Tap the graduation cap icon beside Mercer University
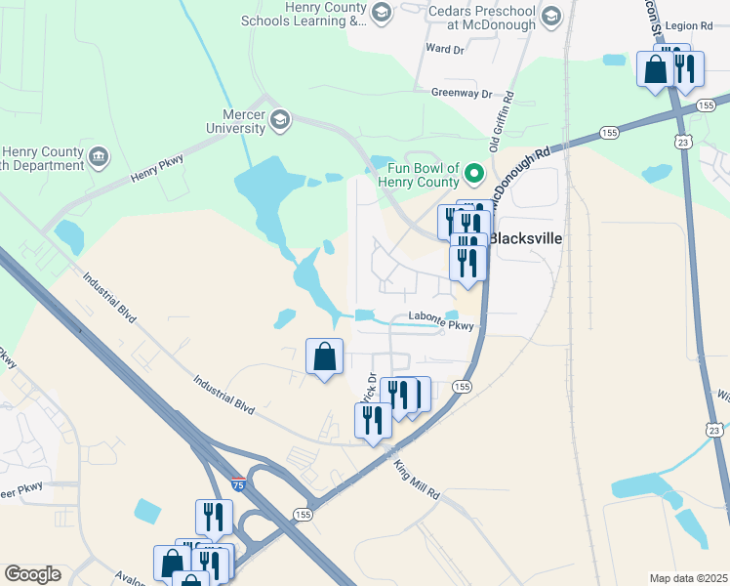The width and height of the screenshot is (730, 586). [280, 119]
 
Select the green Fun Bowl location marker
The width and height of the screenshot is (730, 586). [475, 175]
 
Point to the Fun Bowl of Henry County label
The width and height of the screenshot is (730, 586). [416, 175]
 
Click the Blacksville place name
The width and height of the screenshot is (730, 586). [525, 238]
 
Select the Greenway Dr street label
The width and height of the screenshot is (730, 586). [462, 93]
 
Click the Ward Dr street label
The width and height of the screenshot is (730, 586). [444, 47]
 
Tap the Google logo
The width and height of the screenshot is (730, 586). [32, 574]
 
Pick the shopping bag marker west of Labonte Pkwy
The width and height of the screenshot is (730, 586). [325, 357]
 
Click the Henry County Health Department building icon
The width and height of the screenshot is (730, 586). [99, 156]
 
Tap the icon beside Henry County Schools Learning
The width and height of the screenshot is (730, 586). [381, 12]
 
